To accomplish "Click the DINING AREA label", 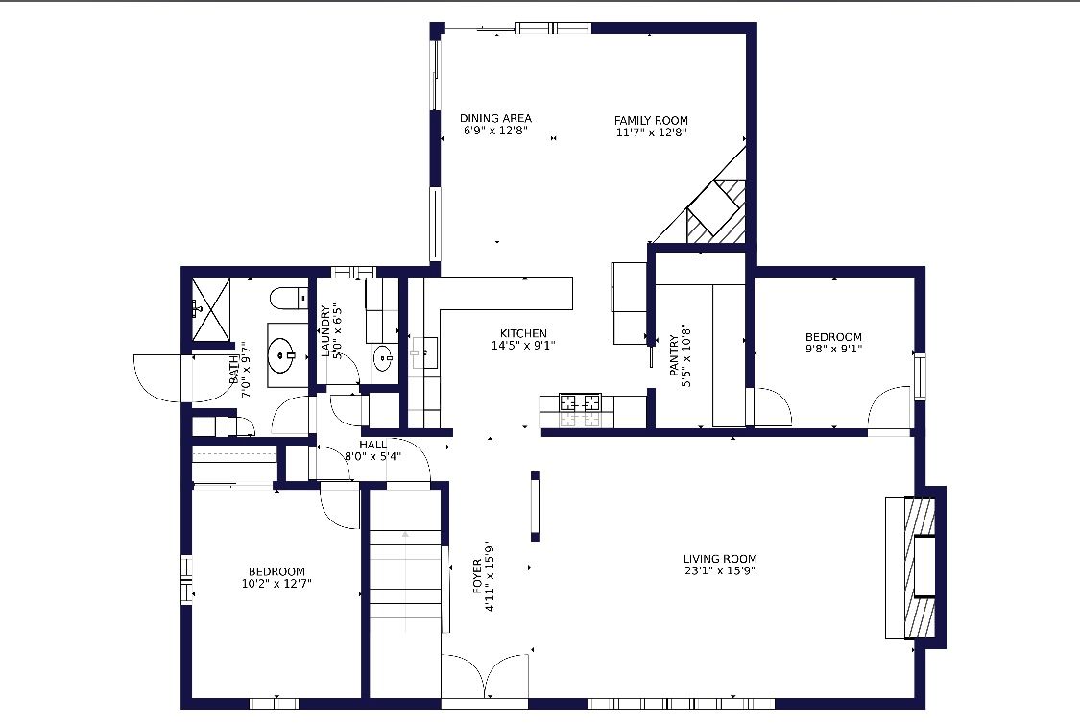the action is tap(495, 118).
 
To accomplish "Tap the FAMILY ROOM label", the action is tap(651, 121).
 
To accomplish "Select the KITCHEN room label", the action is tap(523, 333).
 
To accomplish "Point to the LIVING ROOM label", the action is tap(720, 559).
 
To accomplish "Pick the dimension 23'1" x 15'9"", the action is tap(720, 570).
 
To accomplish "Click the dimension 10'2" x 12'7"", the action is tap(276, 584).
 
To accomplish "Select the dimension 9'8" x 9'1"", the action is tap(833, 348).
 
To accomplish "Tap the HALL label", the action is tap(372, 445).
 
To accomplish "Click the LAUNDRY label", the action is tap(325, 331).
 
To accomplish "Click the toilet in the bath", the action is tap(289, 299).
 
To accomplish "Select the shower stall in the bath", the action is tap(211, 309).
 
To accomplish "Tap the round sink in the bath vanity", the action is tap(281, 355).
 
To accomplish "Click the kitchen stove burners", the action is tap(580, 402).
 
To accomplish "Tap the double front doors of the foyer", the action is tap(485, 676).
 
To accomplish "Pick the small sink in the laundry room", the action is tap(384, 358).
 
